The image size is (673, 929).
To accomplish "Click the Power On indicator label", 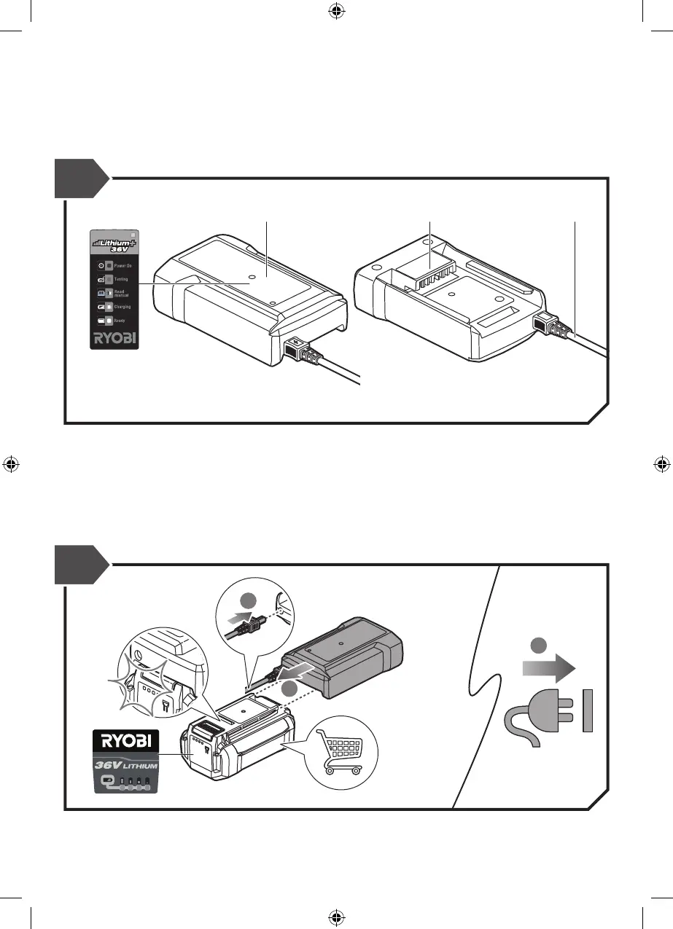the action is point(122,266).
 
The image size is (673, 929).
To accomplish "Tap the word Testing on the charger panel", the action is point(122,279).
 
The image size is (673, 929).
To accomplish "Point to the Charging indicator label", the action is point(122,307).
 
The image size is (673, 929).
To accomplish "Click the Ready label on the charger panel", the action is point(120,321).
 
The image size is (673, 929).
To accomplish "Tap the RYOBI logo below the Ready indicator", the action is point(115,338).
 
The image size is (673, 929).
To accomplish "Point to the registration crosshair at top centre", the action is point(336,12).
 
